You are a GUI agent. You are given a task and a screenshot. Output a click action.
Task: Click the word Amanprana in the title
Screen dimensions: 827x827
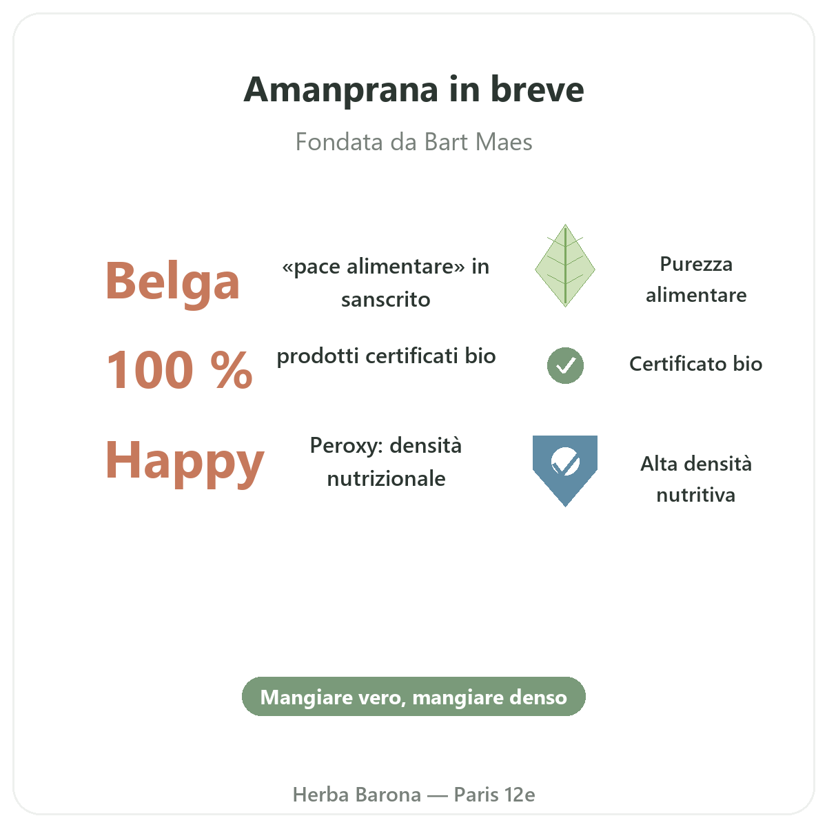click(340, 90)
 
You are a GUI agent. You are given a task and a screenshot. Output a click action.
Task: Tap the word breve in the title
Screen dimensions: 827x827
click(537, 90)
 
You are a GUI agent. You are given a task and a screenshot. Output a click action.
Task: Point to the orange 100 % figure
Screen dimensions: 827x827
click(179, 369)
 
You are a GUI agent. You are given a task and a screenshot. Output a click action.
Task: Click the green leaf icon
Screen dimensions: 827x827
click(565, 265)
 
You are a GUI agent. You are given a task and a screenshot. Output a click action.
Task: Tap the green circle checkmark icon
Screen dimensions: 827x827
click(565, 365)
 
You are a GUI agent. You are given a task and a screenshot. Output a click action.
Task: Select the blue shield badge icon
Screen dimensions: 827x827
click(565, 471)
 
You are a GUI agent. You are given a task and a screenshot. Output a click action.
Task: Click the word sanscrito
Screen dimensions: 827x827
click(385, 300)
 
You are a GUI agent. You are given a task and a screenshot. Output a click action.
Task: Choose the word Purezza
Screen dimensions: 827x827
click(695, 264)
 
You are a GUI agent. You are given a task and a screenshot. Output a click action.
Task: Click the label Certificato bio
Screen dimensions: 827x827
click(695, 364)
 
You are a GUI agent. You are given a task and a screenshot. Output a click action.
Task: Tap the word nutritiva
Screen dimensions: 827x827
click(695, 496)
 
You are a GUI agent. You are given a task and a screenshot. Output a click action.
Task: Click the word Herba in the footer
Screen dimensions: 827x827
click(320, 795)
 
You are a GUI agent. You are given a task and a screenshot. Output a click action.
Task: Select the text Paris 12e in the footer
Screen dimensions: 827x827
click(494, 795)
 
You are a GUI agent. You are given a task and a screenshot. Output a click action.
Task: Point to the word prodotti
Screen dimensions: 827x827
click(318, 356)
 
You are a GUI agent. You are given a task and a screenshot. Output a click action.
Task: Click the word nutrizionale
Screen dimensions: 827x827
click(386, 479)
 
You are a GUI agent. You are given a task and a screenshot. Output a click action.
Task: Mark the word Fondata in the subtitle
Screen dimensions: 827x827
click(339, 142)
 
